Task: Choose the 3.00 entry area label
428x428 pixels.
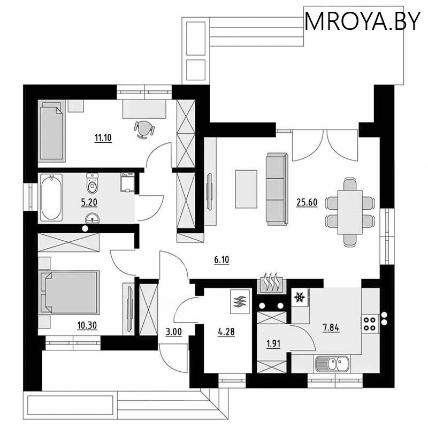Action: pos(174,332)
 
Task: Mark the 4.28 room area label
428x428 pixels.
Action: pos(225,332)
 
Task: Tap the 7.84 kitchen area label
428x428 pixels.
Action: pos(331,327)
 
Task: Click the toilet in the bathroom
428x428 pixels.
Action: pos(93,185)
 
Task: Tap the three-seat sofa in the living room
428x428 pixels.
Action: pos(277,189)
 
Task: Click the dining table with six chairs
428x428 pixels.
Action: pos(349,210)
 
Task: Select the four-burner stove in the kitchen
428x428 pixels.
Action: pos(370,323)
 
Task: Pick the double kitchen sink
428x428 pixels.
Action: pos(332,364)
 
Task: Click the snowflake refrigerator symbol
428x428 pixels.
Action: pos(301,297)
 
